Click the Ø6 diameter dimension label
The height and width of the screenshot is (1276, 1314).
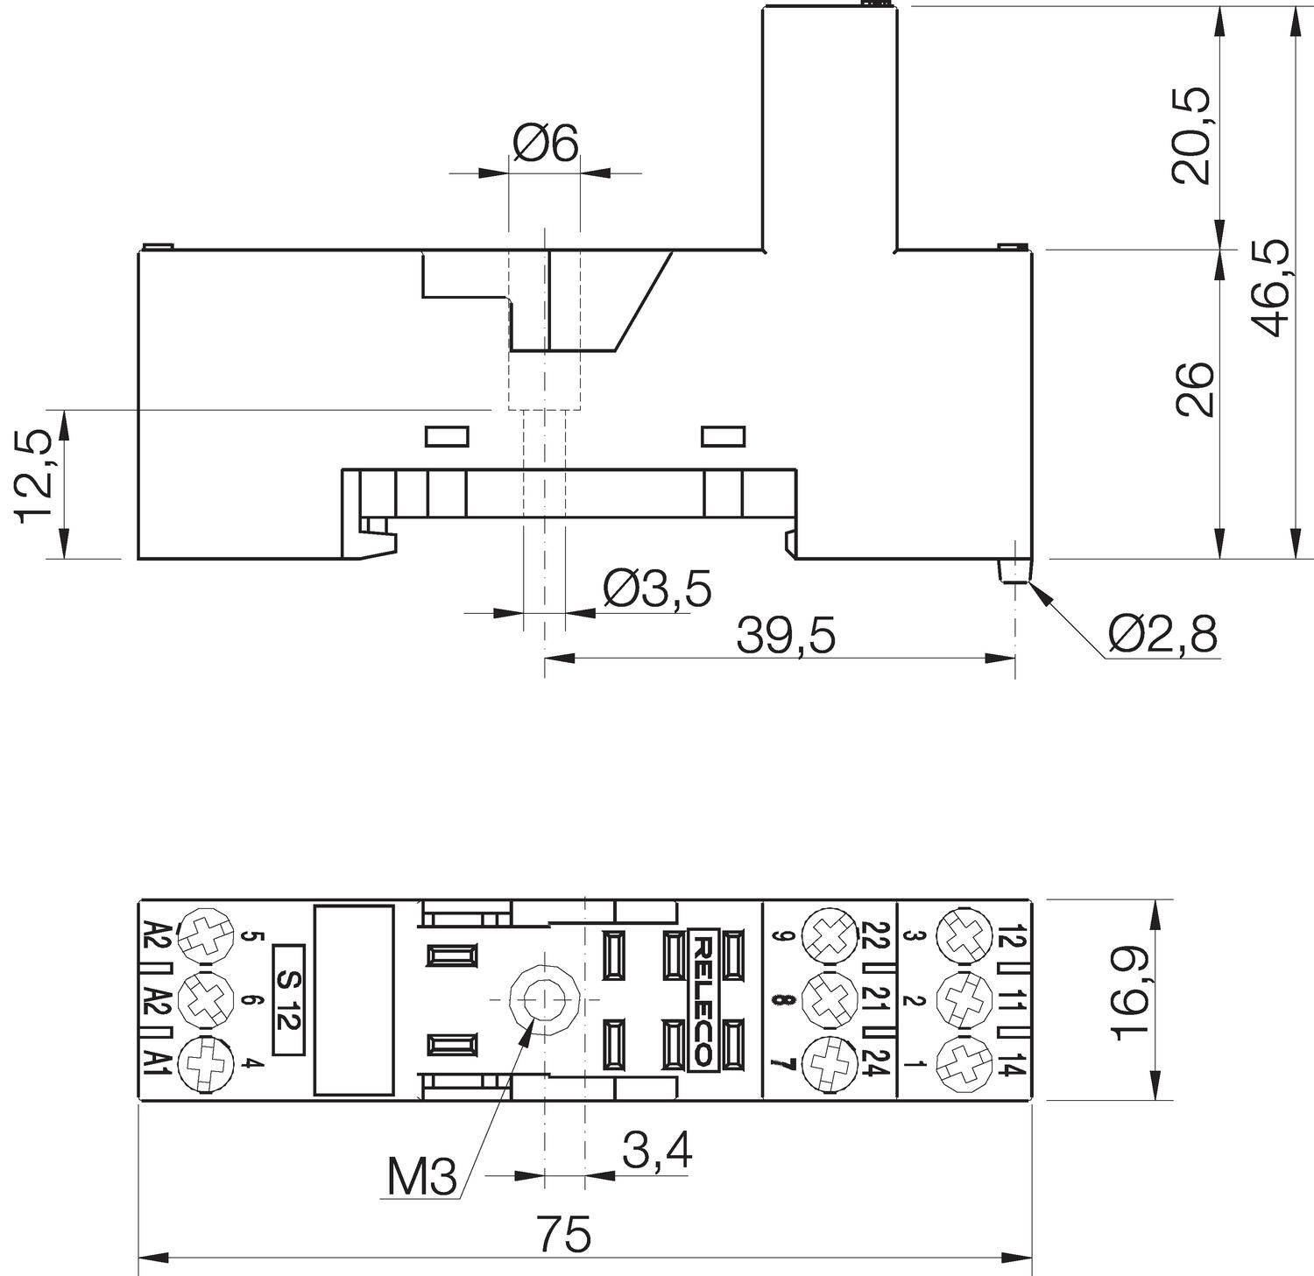546,144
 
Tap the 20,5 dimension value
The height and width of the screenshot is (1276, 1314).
1192,136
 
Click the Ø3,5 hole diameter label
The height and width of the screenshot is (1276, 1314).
657,589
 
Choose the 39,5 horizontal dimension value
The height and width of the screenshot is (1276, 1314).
786,637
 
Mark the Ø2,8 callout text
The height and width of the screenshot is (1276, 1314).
1162,634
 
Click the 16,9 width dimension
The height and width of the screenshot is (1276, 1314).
1131,998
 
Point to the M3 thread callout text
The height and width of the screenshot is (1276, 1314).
422,1179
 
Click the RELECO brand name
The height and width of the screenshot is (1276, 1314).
703,999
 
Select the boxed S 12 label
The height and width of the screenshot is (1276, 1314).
289,999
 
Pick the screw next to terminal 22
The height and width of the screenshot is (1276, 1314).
828,934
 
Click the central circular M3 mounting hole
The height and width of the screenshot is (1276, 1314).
545,999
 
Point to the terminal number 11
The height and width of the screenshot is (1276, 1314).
1011,999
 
